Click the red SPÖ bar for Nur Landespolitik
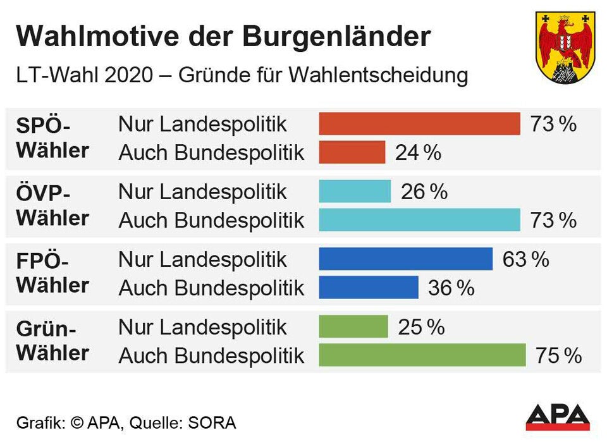click(419, 124)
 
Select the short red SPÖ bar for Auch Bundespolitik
click(352, 152)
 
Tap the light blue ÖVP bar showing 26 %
click(355, 192)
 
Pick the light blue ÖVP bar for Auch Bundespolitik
click(419, 220)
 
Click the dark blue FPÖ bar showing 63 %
click(405, 259)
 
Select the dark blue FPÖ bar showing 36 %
click(369, 288)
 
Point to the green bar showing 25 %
click(353, 327)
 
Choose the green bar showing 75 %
click(422, 355)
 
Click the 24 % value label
click(418, 152)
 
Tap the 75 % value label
click(558, 356)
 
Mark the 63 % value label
click(525, 259)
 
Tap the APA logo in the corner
click(558, 417)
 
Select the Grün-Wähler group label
click(52, 341)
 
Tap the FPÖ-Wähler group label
click(52, 273)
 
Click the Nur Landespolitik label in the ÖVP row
click(202, 192)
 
